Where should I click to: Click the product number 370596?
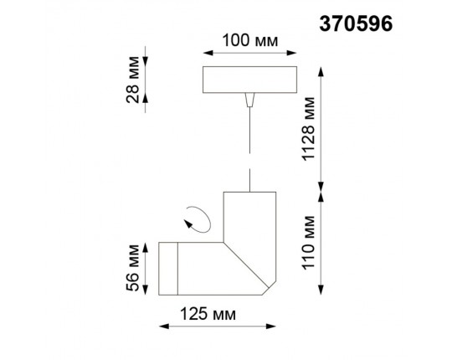pyautogui.click(x=357, y=23)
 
